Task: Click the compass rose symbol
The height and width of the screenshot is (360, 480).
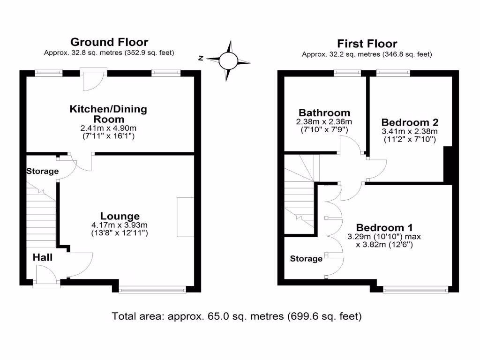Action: (229, 61)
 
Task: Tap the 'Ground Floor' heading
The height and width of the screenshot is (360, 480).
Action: (109, 42)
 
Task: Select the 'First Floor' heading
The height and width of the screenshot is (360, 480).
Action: (367, 44)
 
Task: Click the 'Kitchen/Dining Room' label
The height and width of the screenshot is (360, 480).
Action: (108, 114)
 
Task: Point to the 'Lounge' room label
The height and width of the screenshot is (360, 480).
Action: (120, 216)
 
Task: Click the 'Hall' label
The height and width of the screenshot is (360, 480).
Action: (43, 257)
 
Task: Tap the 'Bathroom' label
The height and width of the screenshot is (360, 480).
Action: (324, 112)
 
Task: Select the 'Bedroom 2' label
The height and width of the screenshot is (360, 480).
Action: (410, 122)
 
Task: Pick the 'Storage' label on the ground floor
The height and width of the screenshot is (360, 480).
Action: (42, 171)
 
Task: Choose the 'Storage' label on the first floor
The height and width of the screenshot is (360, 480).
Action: (306, 259)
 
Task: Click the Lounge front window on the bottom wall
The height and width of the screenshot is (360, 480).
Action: (152, 290)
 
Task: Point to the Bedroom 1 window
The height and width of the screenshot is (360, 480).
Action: (415, 290)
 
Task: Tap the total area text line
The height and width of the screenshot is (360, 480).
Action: (237, 316)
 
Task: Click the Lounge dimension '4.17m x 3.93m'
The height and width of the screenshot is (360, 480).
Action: (120, 225)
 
